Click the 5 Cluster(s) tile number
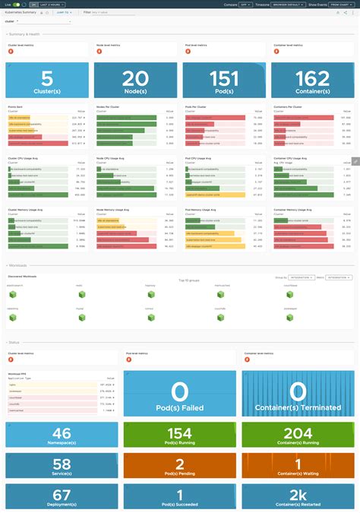pyautogui.click(x=46, y=78)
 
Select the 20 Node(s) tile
pyautogui.click(x=135, y=80)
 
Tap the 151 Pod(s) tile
pyautogui.click(x=223, y=80)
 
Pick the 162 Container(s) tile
pyautogui.click(x=311, y=80)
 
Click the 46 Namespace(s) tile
pyautogui.click(x=62, y=435)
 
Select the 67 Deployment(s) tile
pyautogui.click(x=62, y=496)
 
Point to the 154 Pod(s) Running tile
pyautogui.click(x=180, y=435)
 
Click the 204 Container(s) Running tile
pyautogui.click(x=298, y=435)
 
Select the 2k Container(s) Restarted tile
pyautogui.click(x=298, y=496)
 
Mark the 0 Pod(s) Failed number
pyautogui.click(x=180, y=392)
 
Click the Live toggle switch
pyautogui.click(x=16, y=5)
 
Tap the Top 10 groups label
pyautogui.click(x=188, y=280)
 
